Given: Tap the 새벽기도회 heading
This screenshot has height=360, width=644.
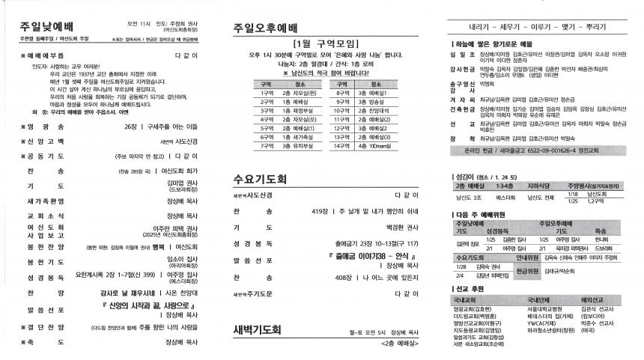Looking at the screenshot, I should click(x=257, y=329).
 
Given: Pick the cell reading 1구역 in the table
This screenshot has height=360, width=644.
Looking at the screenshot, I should click(x=267, y=93).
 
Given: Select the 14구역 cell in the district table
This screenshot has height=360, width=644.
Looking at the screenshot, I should click(x=344, y=146).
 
